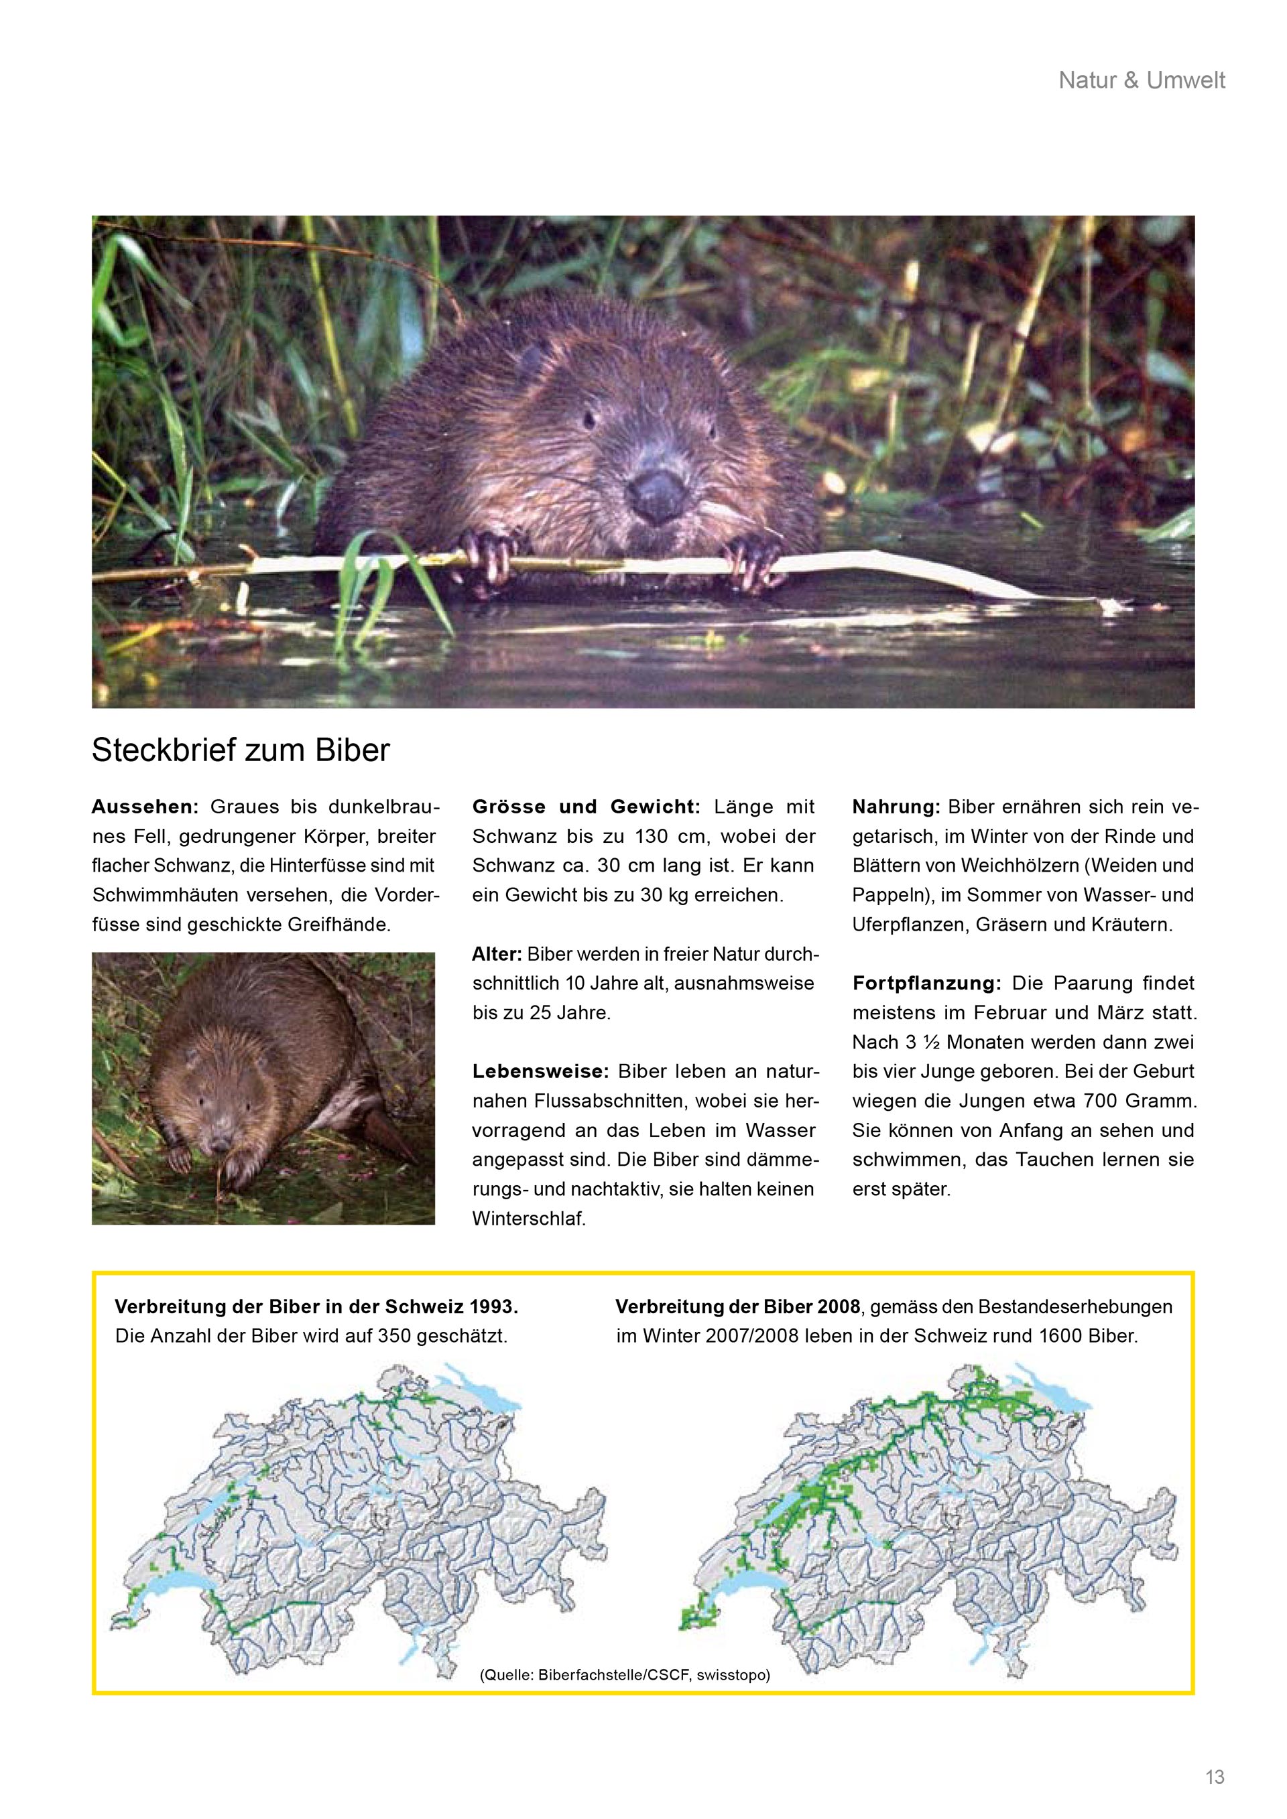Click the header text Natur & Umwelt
pos(1141,80)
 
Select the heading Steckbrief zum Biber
pos(241,750)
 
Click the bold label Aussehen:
pos(144,807)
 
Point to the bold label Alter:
pos(497,954)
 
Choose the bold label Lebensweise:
pos(540,1072)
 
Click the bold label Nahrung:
pos(896,807)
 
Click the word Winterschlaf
pos(529,1219)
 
